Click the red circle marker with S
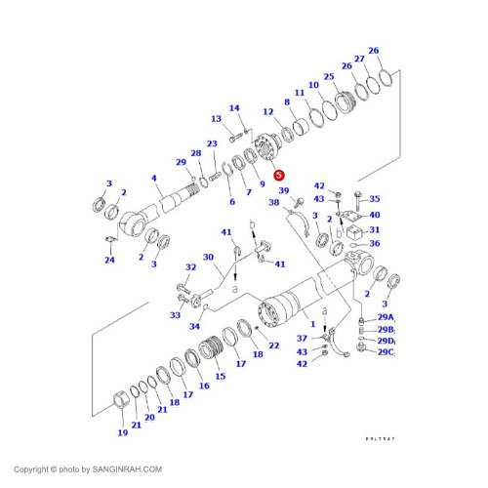click(279, 175)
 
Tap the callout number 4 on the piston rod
click(154, 179)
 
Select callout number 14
click(234, 108)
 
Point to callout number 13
click(216, 118)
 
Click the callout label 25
click(329, 77)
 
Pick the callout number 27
click(359, 59)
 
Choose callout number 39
click(284, 191)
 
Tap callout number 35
click(374, 199)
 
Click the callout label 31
click(373, 229)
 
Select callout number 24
click(109, 260)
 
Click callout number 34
click(194, 326)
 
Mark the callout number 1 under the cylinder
click(312, 323)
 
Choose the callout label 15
click(220, 376)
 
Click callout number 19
click(123, 432)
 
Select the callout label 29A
click(386, 317)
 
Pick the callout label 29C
click(386, 351)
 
